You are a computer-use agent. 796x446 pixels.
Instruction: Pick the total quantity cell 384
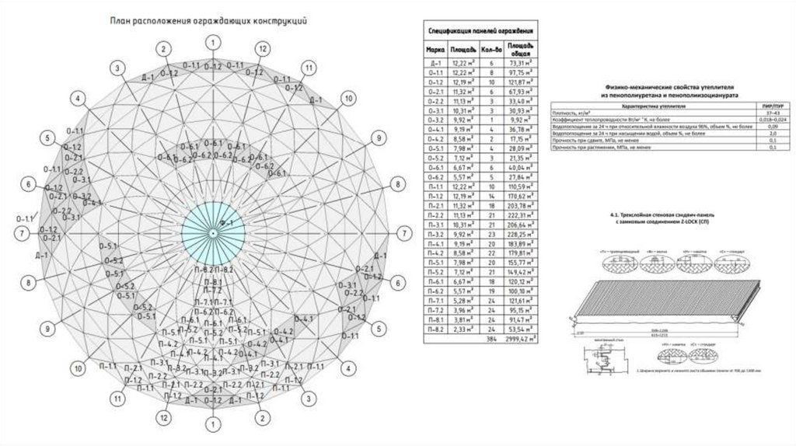(x=490, y=340)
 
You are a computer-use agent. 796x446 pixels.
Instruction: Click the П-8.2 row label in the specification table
(x=436, y=329)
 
